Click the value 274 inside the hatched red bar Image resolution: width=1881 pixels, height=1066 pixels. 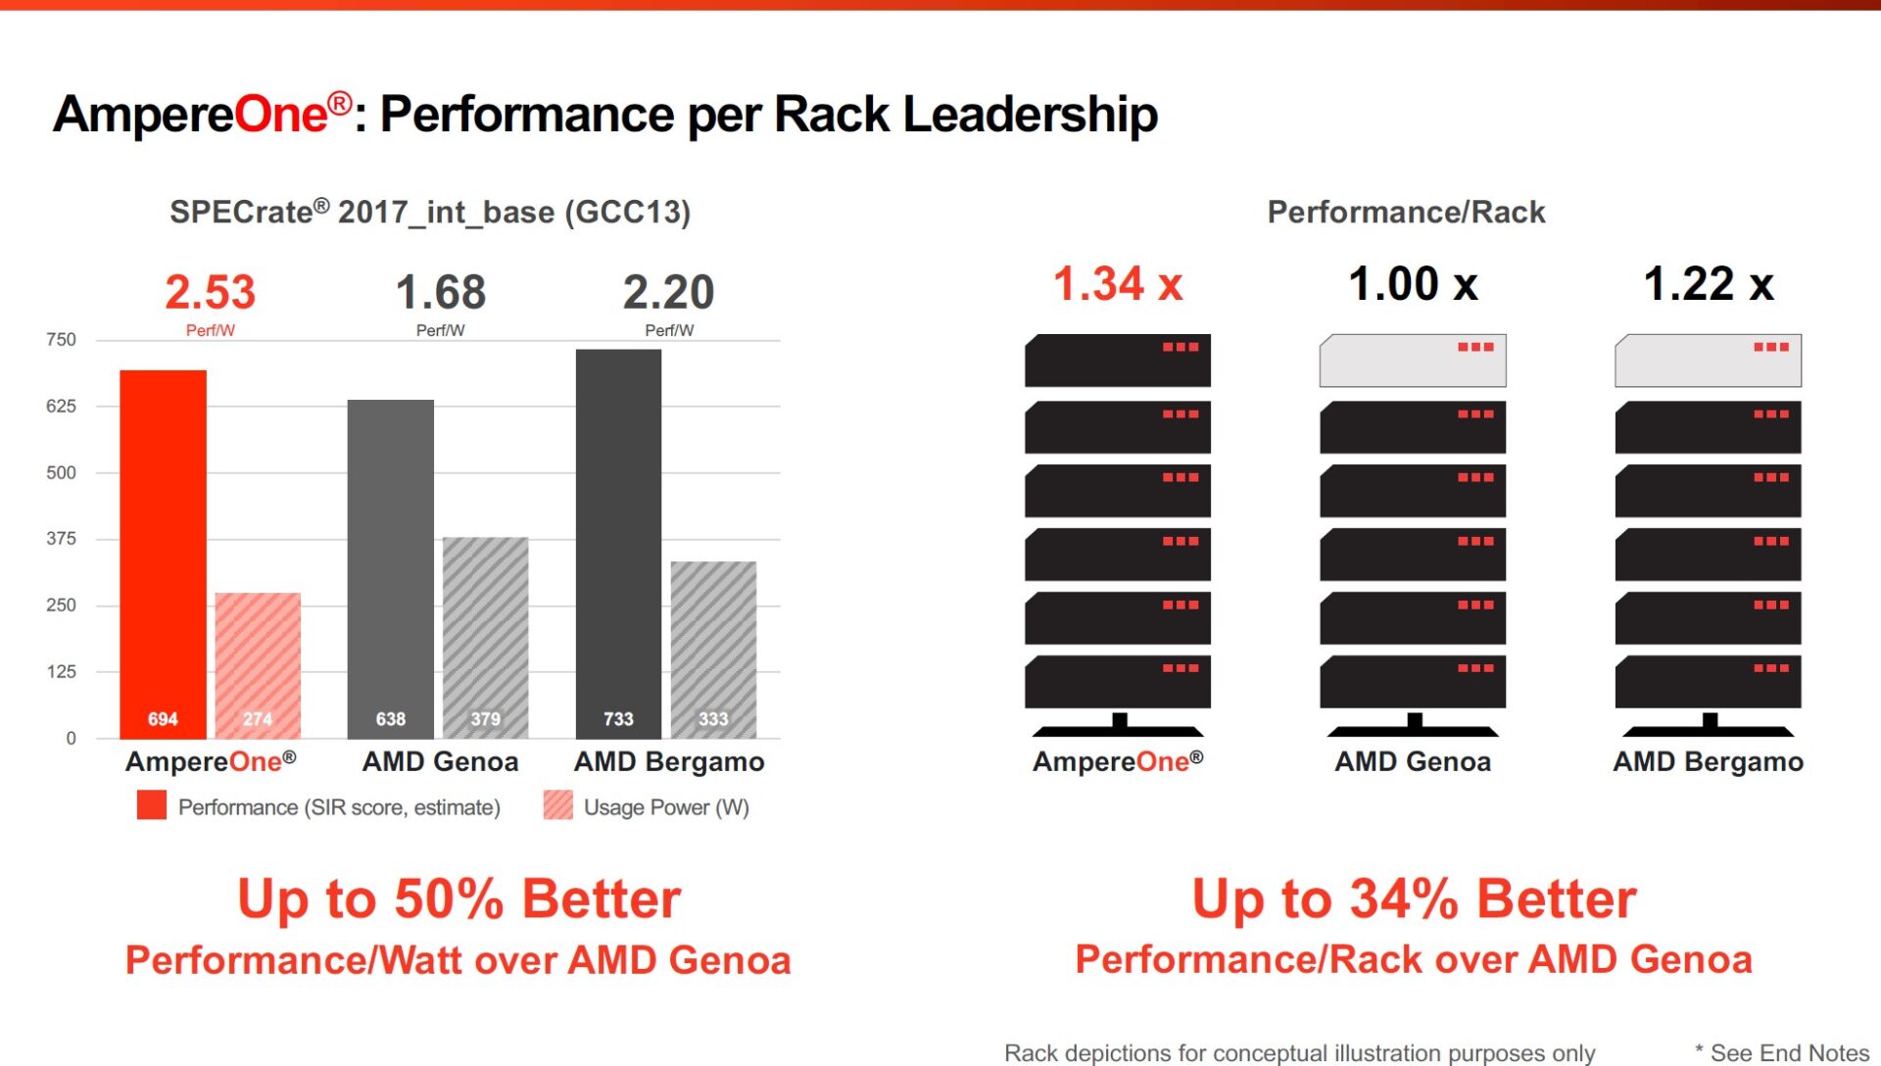[258, 719]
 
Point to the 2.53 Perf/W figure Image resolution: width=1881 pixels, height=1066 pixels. [210, 292]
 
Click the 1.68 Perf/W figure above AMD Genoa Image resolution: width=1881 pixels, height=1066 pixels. [440, 292]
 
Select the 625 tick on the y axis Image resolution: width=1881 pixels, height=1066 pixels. [61, 406]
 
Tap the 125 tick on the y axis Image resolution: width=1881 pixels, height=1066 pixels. [61, 671]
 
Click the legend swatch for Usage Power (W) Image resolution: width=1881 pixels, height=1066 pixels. [557, 805]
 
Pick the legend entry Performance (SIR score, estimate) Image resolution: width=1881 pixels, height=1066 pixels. [339, 807]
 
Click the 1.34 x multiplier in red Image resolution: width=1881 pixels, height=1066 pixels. [1118, 284]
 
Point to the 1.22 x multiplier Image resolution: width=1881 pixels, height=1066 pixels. [1709, 284]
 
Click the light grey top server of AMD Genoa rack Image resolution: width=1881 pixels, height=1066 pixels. [1413, 361]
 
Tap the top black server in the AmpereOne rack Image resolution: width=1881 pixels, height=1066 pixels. [1117, 361]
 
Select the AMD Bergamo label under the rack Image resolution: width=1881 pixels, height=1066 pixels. [1708, 761]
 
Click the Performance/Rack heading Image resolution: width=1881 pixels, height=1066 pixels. [1406, 212]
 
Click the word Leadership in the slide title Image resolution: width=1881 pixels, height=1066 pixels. [1030, 114]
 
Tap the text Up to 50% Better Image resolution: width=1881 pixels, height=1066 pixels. [458, 898]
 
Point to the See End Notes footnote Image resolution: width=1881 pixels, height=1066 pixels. [1788, 1052]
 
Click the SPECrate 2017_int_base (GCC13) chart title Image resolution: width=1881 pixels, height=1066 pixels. [430, 212]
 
